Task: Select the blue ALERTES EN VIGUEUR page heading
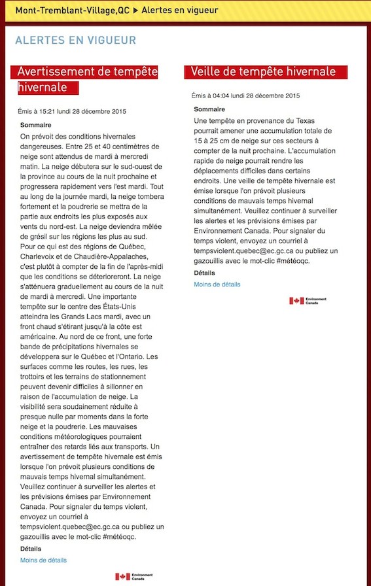click(x=76, y=41)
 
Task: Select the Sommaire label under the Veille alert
click(x=209, y=109)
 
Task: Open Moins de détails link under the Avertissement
click(x=43, y=560)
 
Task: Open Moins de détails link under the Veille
click(x=217, y=284)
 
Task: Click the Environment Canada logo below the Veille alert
click(x=308, y=301)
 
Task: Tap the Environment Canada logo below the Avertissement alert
click(x=133, y=576)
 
